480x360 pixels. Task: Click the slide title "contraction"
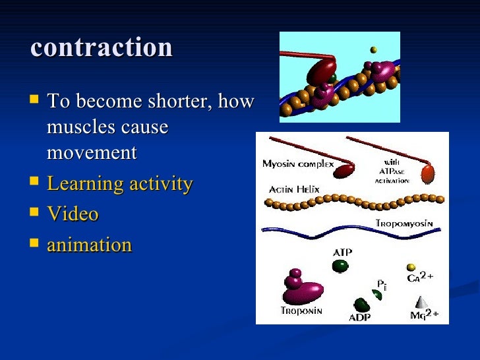(x=102, y=47)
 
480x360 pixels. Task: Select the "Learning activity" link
(x=120, y=184)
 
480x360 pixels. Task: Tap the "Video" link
(x=73, y=214)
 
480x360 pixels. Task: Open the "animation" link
(x=90, y=245)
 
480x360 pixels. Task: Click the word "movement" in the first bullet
(x=92, y=153)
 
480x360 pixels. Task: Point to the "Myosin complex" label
(x=297, y=164)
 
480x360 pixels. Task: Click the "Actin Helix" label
(x=293, y=189)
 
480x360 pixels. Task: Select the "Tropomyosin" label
(x=404, y=224)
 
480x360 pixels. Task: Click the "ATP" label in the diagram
(x=342, y=252)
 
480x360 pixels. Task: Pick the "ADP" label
(x=359, y=317)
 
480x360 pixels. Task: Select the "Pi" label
(x=381, y=284)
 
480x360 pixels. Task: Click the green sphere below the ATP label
(x=341, y=266)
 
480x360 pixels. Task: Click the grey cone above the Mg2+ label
(x=423, y=299)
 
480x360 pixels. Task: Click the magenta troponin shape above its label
(x=301, y=287)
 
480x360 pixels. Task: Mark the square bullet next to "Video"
(x=34, y=214)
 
